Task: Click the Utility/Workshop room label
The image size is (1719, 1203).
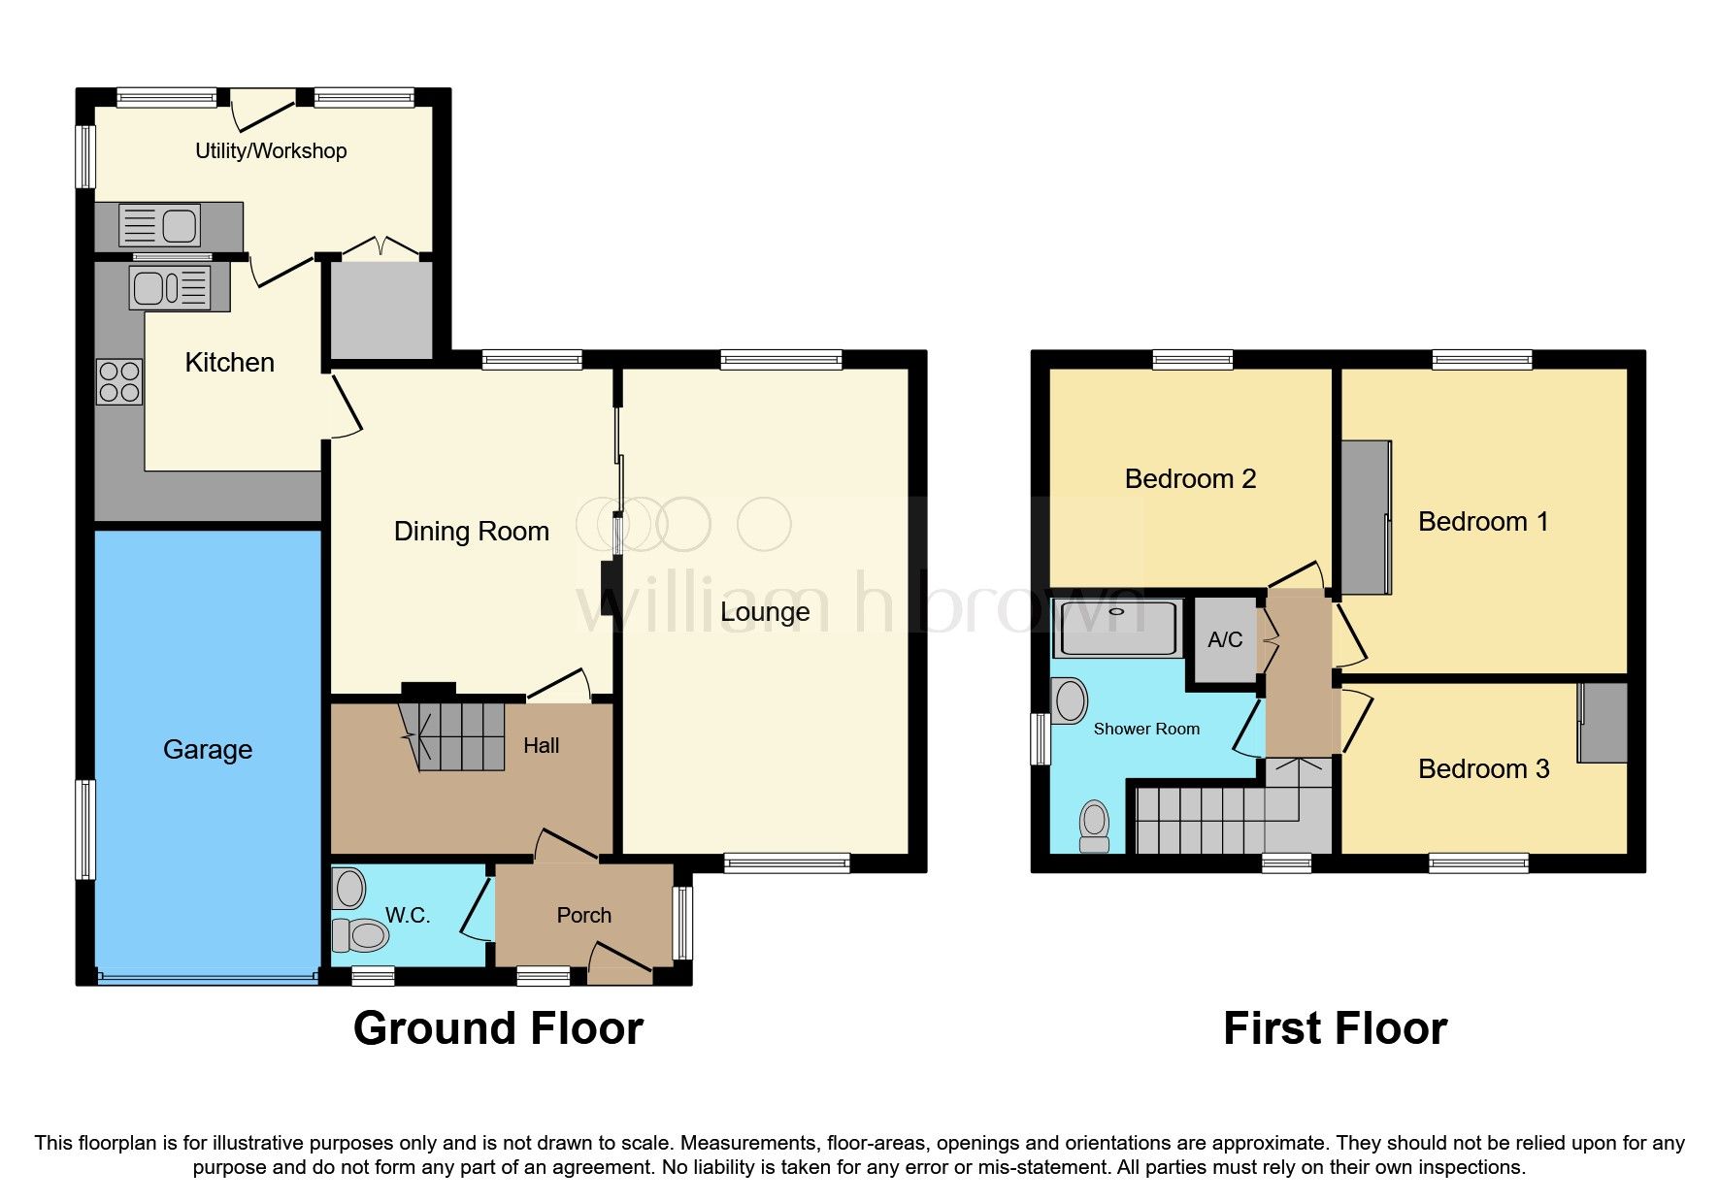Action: (x=271, y=150)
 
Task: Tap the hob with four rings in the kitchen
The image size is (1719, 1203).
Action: (x=118, y=381)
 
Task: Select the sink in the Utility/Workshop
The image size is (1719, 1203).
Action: (x=159, y=226)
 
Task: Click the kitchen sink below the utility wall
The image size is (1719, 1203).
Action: (x=171, y=287)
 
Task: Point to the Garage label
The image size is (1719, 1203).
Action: (x=208, y=749)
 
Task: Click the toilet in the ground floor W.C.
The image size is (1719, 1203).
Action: (x=360, y=935)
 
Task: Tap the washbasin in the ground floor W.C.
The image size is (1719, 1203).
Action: (x=348, y=888)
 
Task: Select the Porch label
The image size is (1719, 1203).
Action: (x=583, y=915)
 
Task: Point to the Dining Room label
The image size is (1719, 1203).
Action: (x=471, y=531)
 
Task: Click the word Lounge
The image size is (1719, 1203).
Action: (x=765, y=611)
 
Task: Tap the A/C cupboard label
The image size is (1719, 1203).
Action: (x=1225, y=639)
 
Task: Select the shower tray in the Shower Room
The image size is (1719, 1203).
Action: (x=1118, y=628)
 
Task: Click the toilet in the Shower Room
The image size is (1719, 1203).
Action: (x=1095, y=828)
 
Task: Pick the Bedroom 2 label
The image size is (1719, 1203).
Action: (x=1190, y=478)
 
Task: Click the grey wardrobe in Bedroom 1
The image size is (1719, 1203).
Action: (x=1366, y=517)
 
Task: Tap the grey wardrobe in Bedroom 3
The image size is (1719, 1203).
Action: (x=1602, y=723)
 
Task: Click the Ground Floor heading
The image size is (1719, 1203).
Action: (x=498, y=1028)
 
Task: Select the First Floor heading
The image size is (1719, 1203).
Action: (x=1335, y=1028)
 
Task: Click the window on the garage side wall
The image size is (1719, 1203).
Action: (x=86, y=829)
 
